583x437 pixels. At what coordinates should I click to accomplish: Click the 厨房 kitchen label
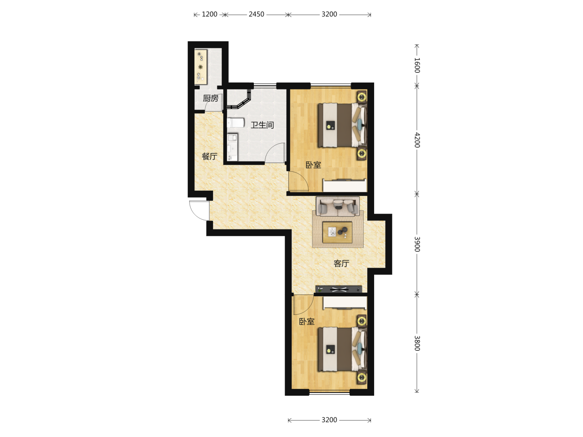(211, 98)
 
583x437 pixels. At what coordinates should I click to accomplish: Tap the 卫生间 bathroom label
(262, 125)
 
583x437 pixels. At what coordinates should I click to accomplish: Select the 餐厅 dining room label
(209, 156)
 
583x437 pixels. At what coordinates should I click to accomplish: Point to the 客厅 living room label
(341, 263)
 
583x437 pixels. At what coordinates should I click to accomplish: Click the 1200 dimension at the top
(209, 14)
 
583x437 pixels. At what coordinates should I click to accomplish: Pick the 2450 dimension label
(256, 14)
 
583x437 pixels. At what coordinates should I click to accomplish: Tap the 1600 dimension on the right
(417, 65)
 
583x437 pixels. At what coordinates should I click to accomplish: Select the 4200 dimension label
(417, 140)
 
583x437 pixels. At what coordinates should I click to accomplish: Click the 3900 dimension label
(417, 244)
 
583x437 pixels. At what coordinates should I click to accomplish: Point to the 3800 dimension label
(417, 343)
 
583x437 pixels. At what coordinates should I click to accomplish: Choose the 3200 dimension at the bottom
(329, 420)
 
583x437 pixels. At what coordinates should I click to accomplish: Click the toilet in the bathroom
(235, 123)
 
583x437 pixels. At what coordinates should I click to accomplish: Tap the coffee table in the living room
(337, 232)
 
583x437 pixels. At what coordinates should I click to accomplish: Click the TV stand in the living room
(338, 289)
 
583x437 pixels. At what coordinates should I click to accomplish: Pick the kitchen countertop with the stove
(201, 67)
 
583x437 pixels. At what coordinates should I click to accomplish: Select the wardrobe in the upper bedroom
(345, 185)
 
